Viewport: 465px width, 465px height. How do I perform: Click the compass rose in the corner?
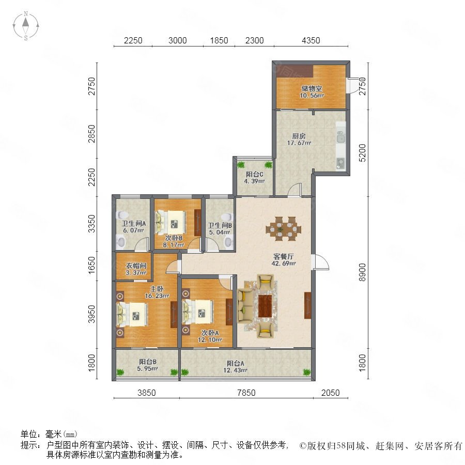click(26, 25)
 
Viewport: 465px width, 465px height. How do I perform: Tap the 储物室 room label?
click(312, 88)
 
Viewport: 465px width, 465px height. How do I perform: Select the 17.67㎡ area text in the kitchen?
click(299, 143)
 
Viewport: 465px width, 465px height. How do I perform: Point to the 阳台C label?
click(254, 175)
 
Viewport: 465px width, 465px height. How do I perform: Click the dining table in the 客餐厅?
click(284, 229)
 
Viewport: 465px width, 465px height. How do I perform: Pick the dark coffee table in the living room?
click(265, 306)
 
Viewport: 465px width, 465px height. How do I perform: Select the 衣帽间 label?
click(136, 266)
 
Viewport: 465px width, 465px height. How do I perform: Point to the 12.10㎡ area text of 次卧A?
click(210, 340)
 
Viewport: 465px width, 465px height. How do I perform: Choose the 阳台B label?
click(148, 362)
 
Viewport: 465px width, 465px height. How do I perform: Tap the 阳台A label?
click(236, 363)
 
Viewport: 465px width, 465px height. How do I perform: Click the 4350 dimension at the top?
click(311, 40)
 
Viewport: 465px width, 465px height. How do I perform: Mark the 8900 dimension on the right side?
click(362, 272)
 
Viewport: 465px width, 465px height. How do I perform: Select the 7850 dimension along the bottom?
click(246, 393)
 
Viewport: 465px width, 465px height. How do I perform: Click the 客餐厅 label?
click(284, 256)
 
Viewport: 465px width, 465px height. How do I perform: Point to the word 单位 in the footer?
click(28, 434)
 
